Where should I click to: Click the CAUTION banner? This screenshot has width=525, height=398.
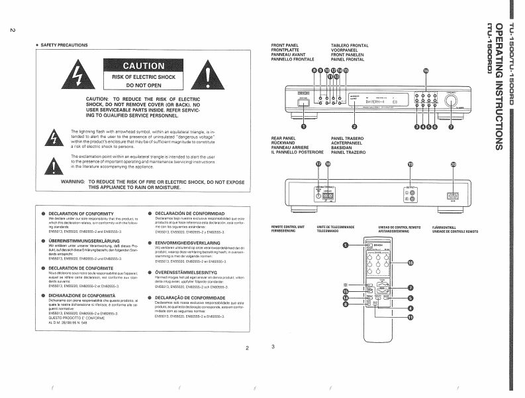pyautogui.click(x=143, y=66)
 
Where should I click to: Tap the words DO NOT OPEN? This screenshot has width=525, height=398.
pyautogui.click(x=143, y=86)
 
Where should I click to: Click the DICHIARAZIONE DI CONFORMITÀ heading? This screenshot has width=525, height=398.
pyautogui.click(x=83, y=295)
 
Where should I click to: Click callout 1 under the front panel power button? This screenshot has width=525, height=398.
pyautogui.click(x=304, y=126)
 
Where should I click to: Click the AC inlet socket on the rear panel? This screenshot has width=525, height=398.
pyautogui.click(x=453, y=196)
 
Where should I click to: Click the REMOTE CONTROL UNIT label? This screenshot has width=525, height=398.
pyautogui.click(x=288, y=228)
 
